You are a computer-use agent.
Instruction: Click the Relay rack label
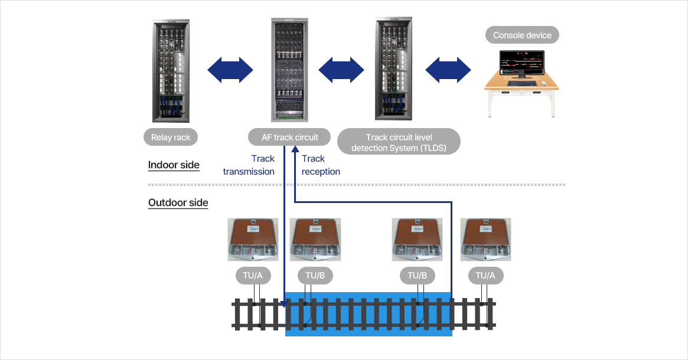[x=171, y=138]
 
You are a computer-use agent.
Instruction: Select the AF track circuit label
[x=289, y=138]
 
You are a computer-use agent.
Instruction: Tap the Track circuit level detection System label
[x=399, y=142]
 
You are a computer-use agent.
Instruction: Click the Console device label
[x=522, y=35]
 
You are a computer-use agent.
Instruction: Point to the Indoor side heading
[x=174, y=165]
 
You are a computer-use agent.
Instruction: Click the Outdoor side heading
[x=178, y=202]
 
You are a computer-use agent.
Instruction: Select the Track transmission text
[x=249, y=165]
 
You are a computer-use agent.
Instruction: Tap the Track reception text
[x=321, y=165]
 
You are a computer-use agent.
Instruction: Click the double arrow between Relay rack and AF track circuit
[x=230, y=70]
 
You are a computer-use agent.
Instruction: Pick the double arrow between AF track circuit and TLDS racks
[x=341, y=70]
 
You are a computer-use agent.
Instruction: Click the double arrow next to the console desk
[x=448, y=70]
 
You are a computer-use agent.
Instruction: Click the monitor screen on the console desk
[x=522, y=63]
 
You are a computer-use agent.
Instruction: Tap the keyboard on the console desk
[x=521, y=83]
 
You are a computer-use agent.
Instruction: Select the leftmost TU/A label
[x=253, y=276]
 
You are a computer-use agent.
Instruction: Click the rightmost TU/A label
[x=485, y=276]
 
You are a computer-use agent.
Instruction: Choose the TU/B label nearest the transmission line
[x=315, y=276]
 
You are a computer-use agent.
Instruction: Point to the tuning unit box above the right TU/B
[x=418, y=240]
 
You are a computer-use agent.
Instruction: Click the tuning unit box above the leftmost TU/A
[x=253, y=240]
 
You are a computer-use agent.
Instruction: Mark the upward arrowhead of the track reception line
[x=295, y=149]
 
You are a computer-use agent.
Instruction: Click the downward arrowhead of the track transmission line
[x=284, y=304]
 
